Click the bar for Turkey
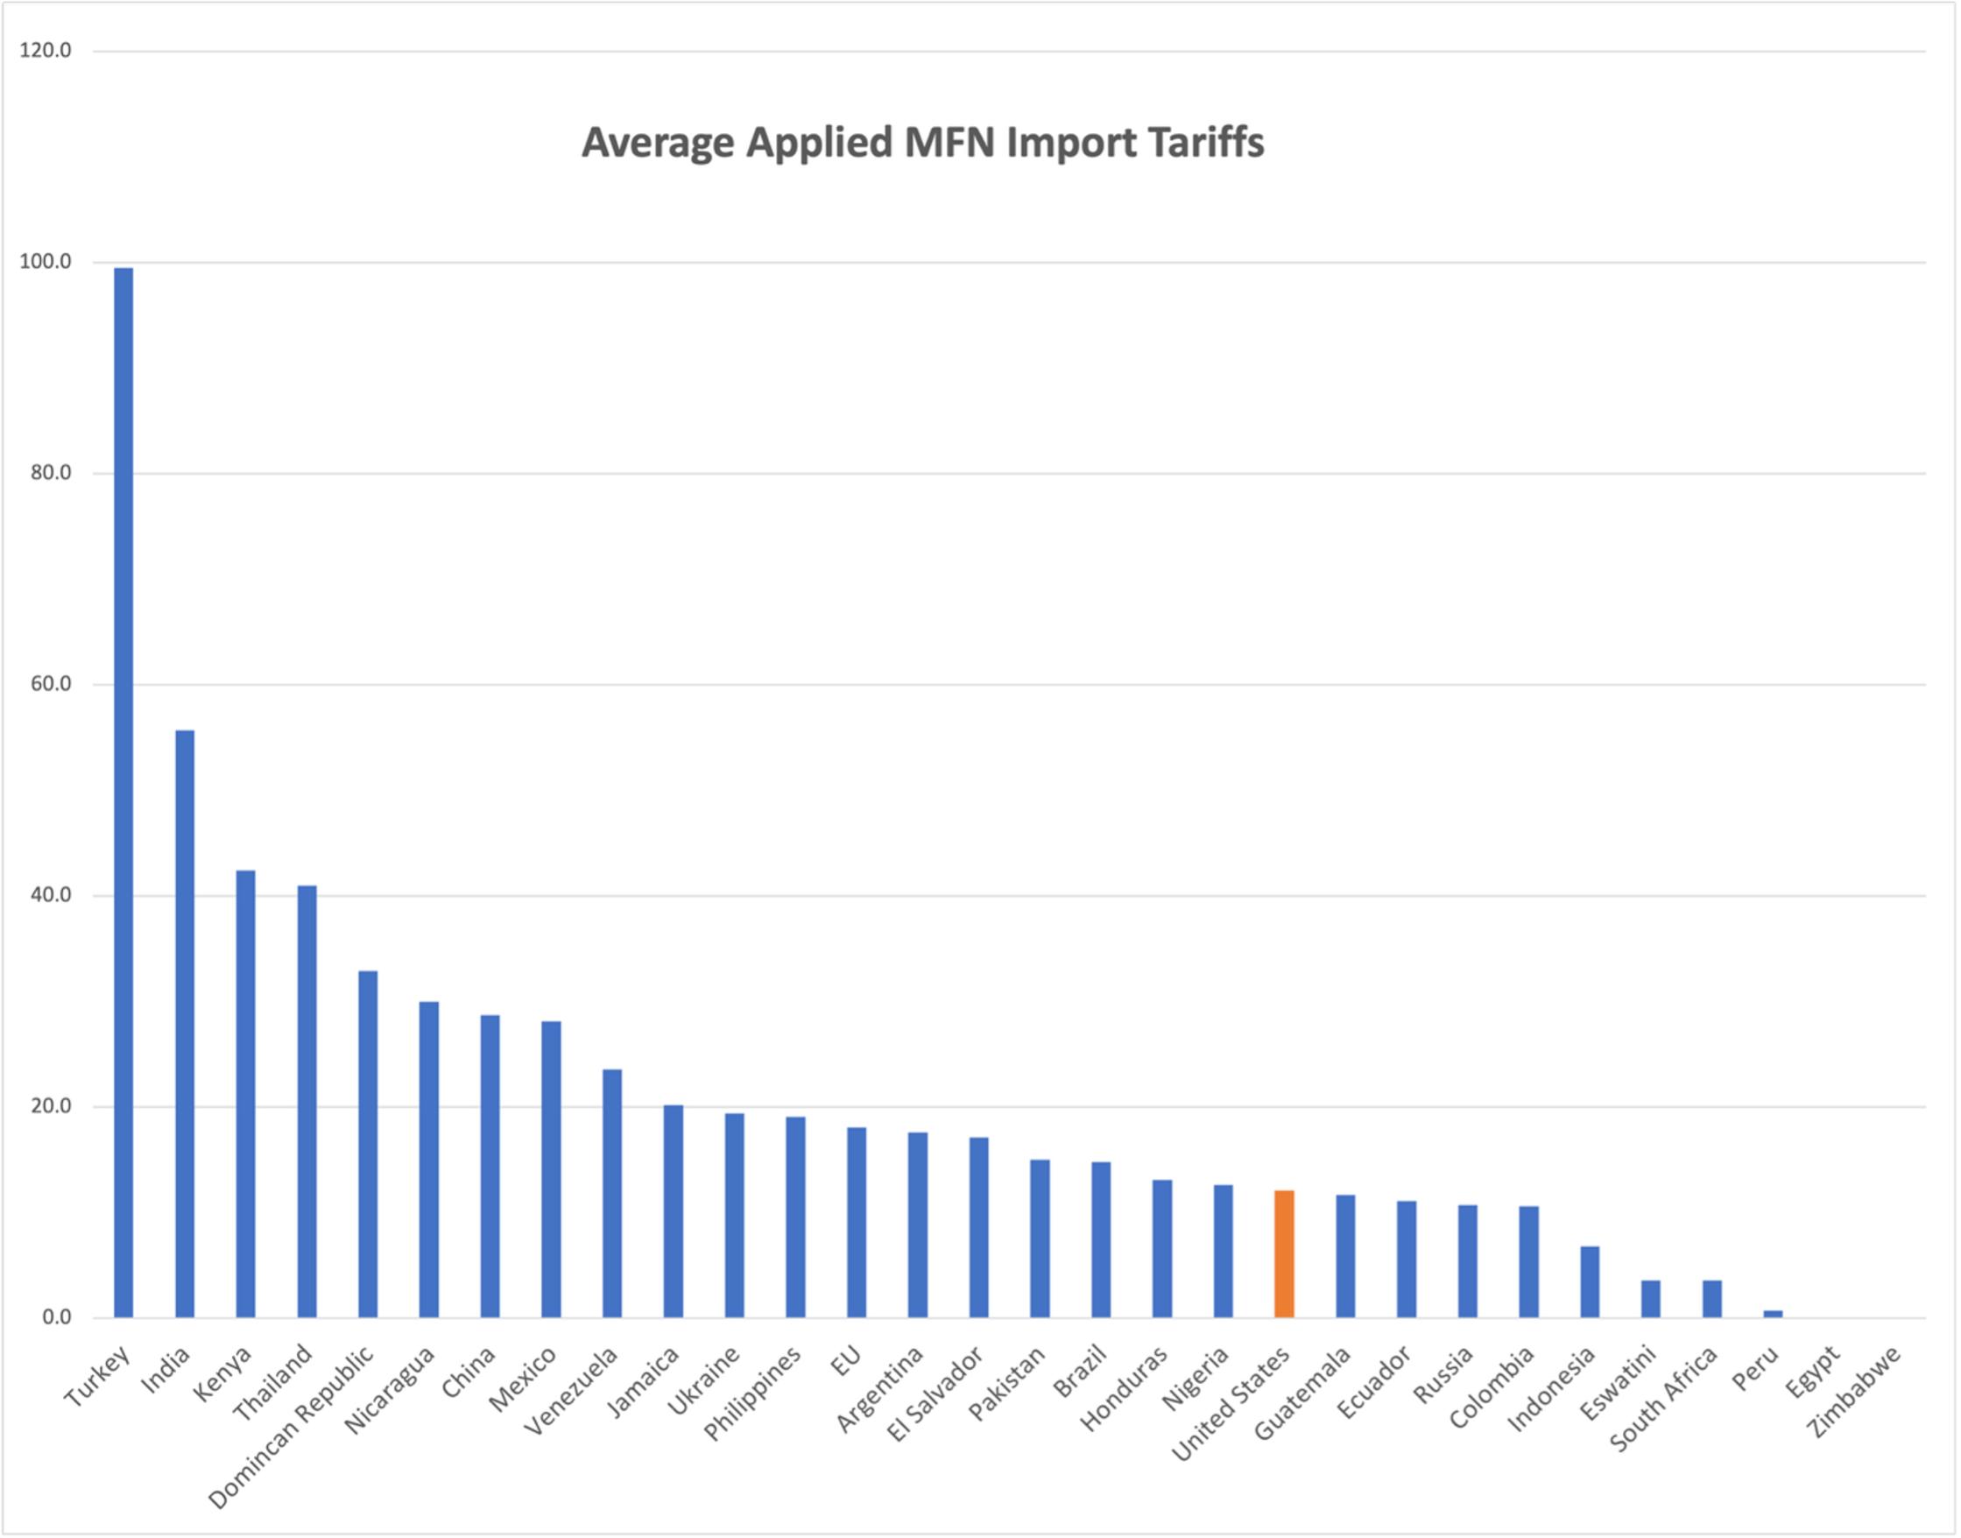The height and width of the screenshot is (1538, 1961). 123,793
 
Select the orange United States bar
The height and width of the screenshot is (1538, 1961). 1284,1253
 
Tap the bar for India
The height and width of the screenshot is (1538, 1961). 185,1024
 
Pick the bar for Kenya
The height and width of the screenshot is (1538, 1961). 246,1094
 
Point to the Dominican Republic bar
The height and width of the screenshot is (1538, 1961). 367,1145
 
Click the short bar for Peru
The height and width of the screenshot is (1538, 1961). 1773,1314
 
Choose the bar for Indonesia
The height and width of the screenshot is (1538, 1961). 1590,1282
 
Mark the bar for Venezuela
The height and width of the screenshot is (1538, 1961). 612,1193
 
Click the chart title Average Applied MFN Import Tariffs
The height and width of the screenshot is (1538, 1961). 923,143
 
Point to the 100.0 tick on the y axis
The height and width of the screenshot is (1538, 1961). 45,262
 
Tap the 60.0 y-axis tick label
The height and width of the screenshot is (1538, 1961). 51,684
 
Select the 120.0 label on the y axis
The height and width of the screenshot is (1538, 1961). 45,51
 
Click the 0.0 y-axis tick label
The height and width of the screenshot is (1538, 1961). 57,1317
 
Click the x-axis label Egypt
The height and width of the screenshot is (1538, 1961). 1813,1373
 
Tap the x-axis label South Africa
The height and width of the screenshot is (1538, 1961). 1663,1400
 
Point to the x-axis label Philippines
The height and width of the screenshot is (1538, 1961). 751,1394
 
